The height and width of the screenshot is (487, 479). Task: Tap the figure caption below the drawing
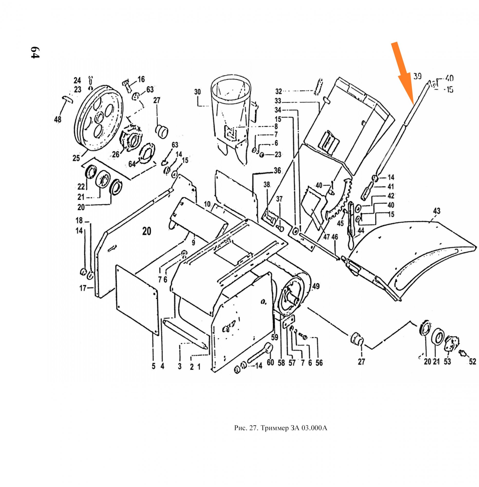tap(281, 428)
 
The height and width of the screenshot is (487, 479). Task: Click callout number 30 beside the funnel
tap(197, 92)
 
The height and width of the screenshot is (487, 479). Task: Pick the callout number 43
tap(437, 211)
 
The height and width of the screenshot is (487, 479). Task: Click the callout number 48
tap(58, 119)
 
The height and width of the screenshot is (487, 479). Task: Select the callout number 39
tap(417, 76)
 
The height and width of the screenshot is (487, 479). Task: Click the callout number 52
tap(473, 362)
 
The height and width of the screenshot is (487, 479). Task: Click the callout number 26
tap(116, 154)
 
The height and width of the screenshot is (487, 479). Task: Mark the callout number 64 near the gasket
tap(132, 164)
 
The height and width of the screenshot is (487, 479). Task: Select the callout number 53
tap(447, 362)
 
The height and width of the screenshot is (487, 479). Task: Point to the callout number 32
tap(279, 91)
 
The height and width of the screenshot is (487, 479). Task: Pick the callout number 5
tap(153, 366)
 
